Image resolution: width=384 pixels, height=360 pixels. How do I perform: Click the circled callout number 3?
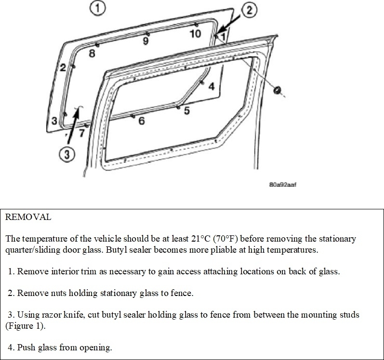68,154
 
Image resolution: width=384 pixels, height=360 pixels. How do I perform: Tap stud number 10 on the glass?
195,33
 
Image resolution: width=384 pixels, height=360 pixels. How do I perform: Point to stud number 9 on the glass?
146,41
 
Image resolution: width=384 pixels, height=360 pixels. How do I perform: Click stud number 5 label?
186,111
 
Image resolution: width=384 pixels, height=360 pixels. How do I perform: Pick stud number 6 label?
142,121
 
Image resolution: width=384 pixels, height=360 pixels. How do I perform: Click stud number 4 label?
211,87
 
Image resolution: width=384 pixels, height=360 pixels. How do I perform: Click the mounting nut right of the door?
278,90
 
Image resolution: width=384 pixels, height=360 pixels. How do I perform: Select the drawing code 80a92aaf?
282,184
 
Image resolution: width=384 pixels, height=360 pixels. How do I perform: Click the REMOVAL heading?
28,217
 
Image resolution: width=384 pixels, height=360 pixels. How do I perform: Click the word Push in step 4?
26,347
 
